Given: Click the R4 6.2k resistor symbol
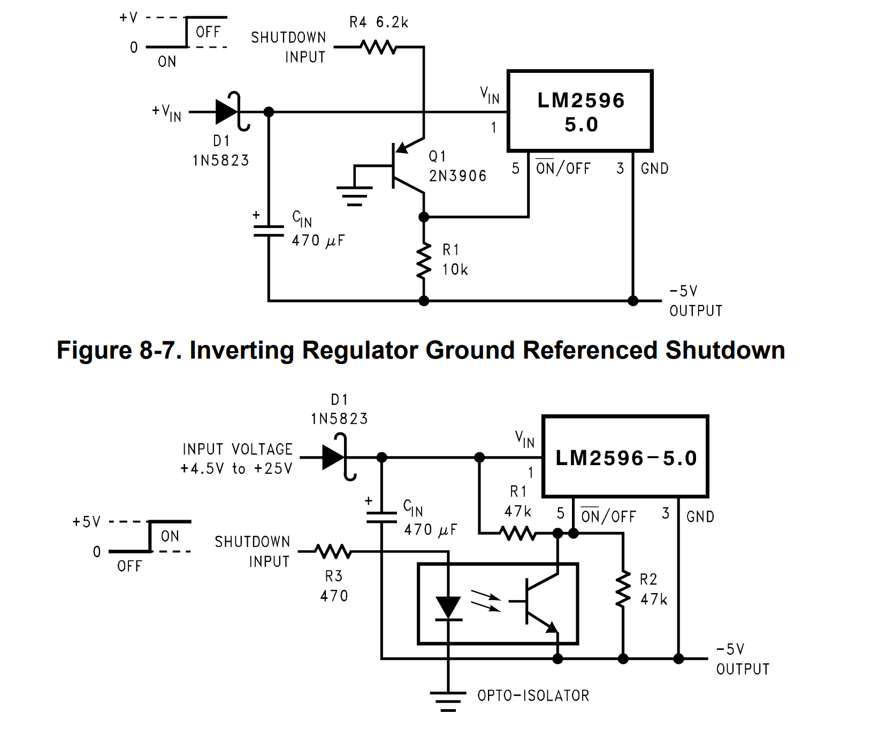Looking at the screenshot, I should coord(379,47).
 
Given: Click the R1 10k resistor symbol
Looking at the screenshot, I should coord(424,261).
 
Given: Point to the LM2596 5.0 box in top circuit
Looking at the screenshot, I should coord(580,111).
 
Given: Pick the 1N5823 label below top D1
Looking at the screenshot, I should coord(221,161).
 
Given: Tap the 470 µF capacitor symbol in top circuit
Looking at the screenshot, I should coord(269,231).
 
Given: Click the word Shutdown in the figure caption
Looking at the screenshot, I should coord(725,351).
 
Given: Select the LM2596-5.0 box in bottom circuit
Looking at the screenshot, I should coord(625,457).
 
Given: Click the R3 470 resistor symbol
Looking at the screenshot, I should coord(333,551).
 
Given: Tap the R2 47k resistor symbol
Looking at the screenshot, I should coord(623,589).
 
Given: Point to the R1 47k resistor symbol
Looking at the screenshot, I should coord(517,533).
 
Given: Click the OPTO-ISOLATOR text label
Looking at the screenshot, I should coord(533,696).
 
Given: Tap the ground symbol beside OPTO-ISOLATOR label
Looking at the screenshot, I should coord(448,701).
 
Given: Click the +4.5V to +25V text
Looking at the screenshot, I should coord(236,469).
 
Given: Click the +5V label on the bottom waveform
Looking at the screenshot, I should coord(87,522).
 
